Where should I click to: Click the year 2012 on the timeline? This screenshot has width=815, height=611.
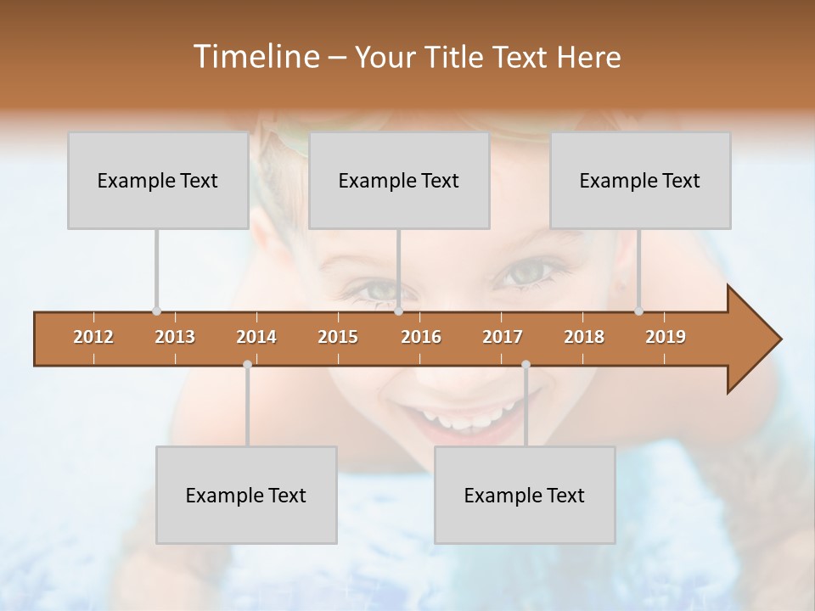[93, 337]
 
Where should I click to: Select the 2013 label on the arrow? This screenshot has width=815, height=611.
[175, 337]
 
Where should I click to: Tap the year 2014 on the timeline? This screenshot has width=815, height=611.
[256, 337]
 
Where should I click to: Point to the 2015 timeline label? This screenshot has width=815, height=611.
[338, 337]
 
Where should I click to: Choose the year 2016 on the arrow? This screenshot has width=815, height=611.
[421, 337]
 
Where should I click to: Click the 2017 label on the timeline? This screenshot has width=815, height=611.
[503, 337]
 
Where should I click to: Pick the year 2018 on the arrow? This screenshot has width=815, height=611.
[584, 337]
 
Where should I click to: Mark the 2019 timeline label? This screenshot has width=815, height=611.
[666, 337]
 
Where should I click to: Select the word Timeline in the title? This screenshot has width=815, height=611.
[255, 57]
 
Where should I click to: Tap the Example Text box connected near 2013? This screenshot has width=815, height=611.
[158, 181]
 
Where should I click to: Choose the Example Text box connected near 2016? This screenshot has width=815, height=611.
[399, 181]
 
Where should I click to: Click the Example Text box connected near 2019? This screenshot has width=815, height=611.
[640, 181]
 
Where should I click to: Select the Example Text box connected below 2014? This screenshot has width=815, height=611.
[246, 495]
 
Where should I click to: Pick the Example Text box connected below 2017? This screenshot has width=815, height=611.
[525, 495]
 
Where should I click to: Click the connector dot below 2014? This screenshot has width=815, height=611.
[247, 364]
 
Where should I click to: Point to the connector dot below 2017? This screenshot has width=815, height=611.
[526, 364]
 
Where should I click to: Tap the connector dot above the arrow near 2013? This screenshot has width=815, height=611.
[156, 311]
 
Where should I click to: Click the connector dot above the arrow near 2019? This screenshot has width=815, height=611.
[638, 311]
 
